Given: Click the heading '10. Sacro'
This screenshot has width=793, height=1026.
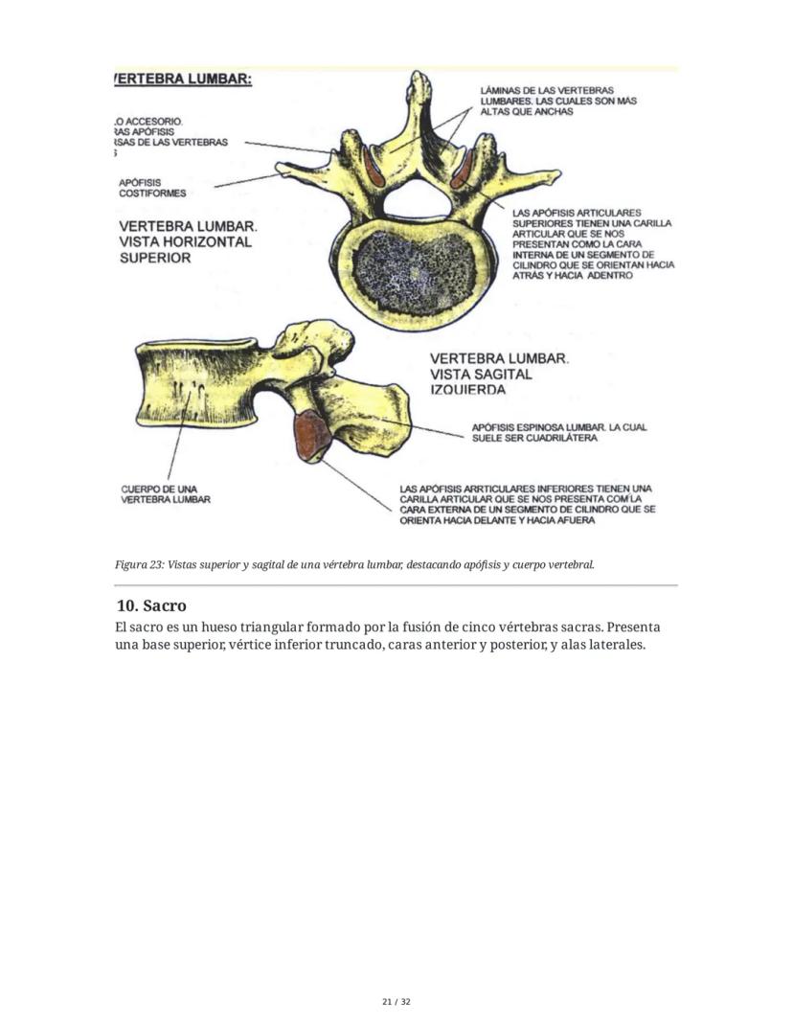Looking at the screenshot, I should [150, 605].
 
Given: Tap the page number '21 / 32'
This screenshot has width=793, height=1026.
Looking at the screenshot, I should [396, 1002].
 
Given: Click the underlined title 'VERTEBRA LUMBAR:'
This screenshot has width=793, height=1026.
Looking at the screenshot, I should [183, 79].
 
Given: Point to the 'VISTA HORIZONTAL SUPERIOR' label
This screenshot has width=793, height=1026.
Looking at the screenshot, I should [185, 241].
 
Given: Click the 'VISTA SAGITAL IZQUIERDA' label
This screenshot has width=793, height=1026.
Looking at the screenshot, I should [499, 374].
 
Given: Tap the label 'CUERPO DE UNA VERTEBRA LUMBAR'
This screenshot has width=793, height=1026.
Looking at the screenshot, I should [166, 493].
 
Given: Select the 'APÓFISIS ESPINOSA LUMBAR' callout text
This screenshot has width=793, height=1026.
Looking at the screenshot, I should [559, 432].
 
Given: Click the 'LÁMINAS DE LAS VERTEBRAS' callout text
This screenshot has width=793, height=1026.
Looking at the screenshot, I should [558, 101].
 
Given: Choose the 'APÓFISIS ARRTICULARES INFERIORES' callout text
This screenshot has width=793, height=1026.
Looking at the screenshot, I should [527, 505].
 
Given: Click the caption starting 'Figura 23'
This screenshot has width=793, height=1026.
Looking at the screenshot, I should [355, 564].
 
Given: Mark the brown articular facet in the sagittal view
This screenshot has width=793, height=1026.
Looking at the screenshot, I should [311, 434].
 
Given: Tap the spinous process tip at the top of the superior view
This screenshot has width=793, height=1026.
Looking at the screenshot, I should [418, 80].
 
